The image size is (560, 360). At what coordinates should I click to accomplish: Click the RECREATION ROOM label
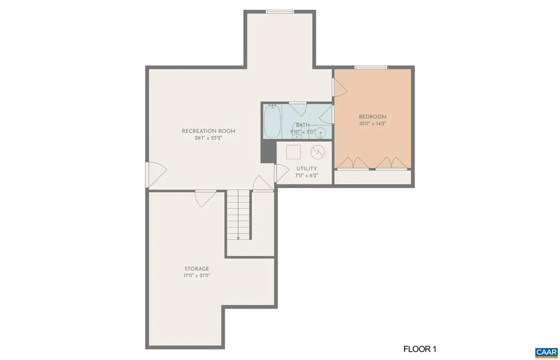tap(208, 131)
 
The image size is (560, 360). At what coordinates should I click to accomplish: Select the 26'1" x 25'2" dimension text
tap(208, 138)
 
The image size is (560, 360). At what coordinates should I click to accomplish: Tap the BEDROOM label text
tap(372, 117)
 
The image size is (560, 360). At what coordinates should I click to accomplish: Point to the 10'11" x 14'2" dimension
tap(372, 124)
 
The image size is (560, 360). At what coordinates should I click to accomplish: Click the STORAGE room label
tap(196, 269)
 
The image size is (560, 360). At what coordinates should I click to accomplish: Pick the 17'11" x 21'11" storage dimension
tap(196, 276)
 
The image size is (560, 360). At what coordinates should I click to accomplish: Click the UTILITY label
tap(306, 169)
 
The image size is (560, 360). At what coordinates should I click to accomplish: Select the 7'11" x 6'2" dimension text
tap(306, 176)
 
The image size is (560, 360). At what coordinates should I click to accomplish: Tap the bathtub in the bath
tap(272, 121)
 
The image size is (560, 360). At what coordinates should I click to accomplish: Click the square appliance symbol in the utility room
tap(293, 151)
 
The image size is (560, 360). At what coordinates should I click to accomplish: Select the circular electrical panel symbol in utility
tap(317, 152)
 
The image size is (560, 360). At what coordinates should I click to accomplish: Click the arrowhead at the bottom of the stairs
tap(238, 237)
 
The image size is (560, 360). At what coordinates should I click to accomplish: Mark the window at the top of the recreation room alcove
tap(279, 11)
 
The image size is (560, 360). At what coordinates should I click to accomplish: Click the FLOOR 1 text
tap(420, 349)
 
